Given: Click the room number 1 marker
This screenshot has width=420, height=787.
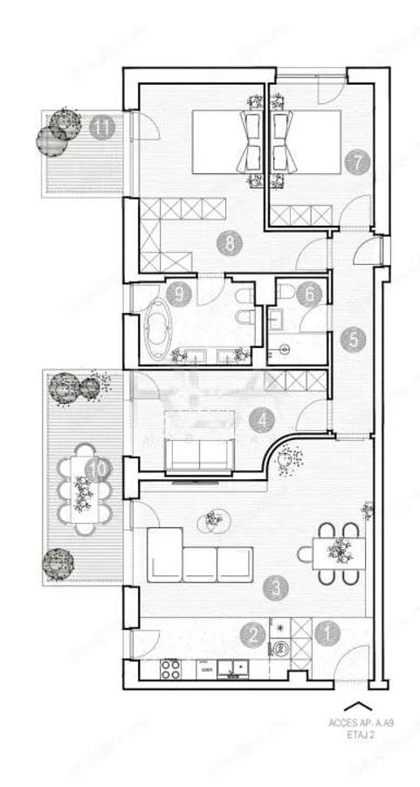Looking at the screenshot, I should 327,634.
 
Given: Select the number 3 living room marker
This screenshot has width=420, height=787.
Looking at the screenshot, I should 278,589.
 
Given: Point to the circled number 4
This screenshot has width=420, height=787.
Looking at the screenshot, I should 261,421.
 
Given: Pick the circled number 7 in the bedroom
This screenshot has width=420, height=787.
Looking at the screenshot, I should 355,162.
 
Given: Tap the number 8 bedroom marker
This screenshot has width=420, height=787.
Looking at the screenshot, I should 230,244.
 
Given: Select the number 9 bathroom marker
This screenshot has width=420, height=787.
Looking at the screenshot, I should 180,295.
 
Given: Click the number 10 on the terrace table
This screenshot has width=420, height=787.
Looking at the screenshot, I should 99,468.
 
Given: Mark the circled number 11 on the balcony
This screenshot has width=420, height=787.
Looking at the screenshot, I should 102,128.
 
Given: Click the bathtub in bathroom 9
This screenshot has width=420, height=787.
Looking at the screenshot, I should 159,331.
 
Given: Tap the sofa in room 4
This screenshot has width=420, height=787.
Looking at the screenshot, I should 200,453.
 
